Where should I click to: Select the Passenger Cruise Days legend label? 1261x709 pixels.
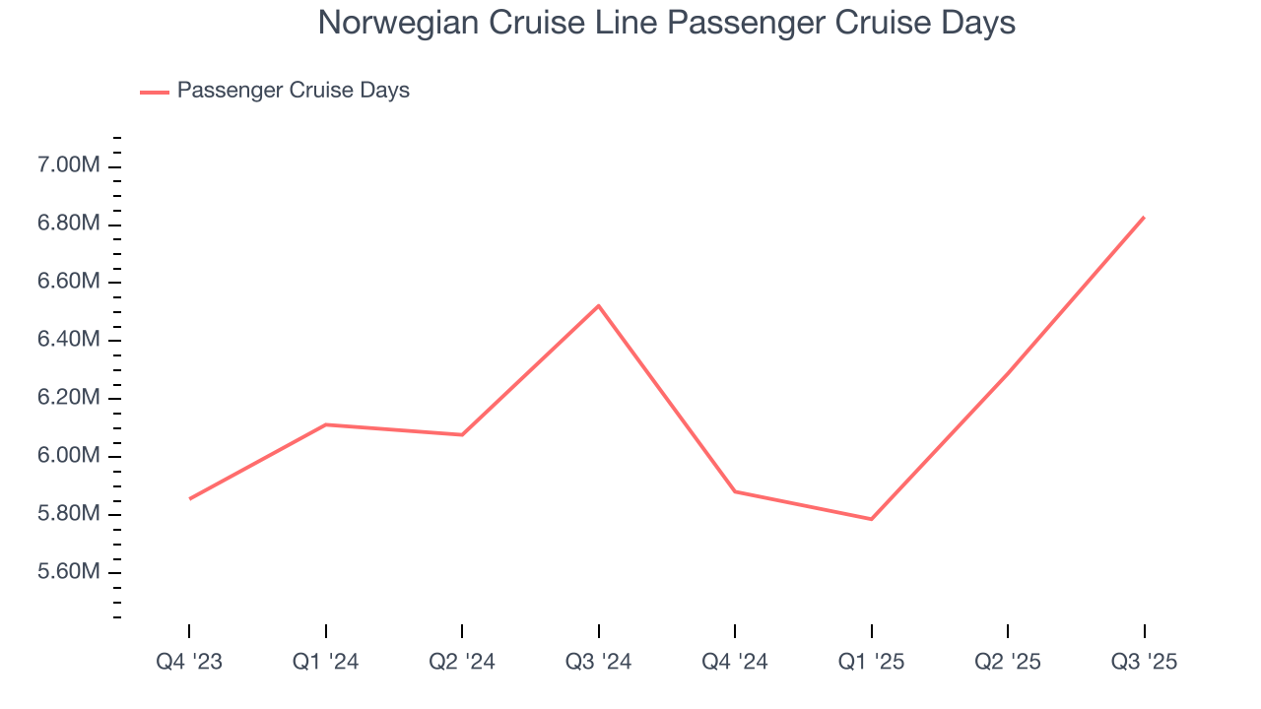tap(293, 91)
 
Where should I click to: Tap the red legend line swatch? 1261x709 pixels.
tap(155, 92)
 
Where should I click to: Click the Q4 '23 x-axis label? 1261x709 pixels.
tap(189, 662)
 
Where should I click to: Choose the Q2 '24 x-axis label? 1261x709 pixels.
tap(462, 662)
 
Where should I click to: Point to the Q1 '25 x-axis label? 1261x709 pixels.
tap(872, 662)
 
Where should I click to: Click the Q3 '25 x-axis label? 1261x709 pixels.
tap(1144, 662)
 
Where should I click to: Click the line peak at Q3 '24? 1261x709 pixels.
tap(599, 305)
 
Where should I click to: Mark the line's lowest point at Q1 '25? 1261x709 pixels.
tap(872, 519)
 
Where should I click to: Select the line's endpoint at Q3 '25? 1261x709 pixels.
tap(1144, 217)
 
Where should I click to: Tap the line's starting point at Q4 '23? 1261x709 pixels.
tap(189, 498)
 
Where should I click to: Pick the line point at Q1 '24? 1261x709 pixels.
tap(326, 424)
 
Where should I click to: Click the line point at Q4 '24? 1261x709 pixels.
tap(735, 491)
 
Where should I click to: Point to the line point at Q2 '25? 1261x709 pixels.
tap(1008, 373)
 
